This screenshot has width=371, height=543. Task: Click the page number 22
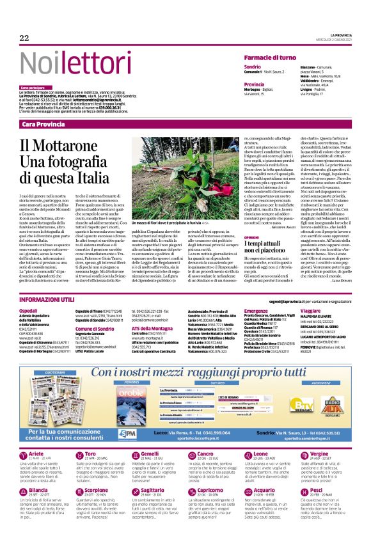[x=25, y=38]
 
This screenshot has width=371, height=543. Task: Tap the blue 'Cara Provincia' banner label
[x=43, y=123]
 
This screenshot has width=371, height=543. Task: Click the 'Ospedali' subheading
[x=29, y=311]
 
